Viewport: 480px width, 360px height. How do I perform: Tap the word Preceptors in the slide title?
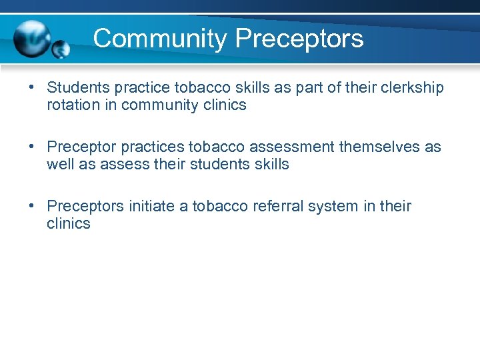pos(299,39)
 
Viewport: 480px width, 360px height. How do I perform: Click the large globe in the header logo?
pos(33,37)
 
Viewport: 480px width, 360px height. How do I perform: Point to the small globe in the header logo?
pos(61,49)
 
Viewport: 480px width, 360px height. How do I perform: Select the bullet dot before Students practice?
pos(32,88)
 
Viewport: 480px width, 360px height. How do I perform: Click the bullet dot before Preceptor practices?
pos(32,147)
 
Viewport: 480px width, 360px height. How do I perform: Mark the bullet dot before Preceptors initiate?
pos(32,206)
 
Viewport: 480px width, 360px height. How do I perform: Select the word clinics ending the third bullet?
pos(69,223)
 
